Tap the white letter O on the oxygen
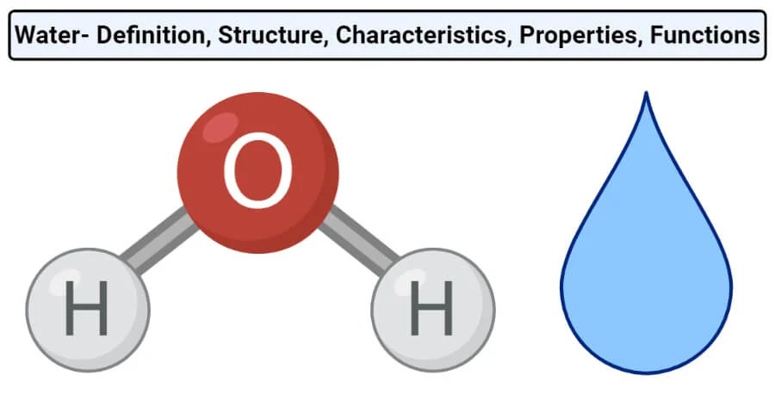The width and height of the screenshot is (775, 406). (x=258, y=172)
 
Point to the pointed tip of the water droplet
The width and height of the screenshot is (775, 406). (x=646, y=96)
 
